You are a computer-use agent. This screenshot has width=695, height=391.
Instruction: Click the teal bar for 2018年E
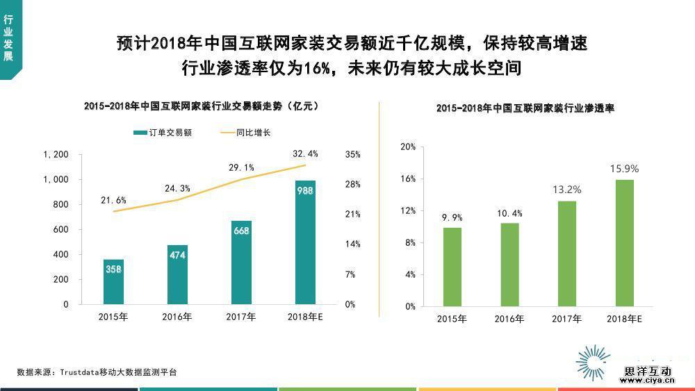click(305, 243)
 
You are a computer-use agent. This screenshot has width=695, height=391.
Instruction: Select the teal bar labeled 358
click(113, 282)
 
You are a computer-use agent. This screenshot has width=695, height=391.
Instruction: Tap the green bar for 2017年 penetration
click(566, 253)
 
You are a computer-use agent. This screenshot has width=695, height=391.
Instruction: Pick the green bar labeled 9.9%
click(452, 267)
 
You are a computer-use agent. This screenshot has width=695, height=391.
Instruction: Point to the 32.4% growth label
click(305, 153)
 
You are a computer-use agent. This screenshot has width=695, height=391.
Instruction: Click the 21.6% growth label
click(113, 200)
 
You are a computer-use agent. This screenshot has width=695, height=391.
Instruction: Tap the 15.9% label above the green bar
click(624, 169)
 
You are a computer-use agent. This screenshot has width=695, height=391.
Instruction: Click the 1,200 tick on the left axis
click(56, 154)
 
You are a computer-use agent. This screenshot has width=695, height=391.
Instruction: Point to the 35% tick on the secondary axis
click(352, 154)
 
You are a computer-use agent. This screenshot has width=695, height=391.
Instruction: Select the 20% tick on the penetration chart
click(408, 147)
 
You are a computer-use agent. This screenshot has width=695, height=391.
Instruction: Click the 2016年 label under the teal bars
click(177, 317)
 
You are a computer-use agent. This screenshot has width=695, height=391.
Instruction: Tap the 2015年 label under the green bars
click(452, 319)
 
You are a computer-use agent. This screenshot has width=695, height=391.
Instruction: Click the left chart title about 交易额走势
click(201, 106)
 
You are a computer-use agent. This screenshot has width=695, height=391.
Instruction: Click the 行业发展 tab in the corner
click(8, 40)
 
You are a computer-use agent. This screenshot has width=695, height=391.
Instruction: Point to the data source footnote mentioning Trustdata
click(97, 372)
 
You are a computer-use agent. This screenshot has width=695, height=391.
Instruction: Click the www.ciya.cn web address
click(646, 381)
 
